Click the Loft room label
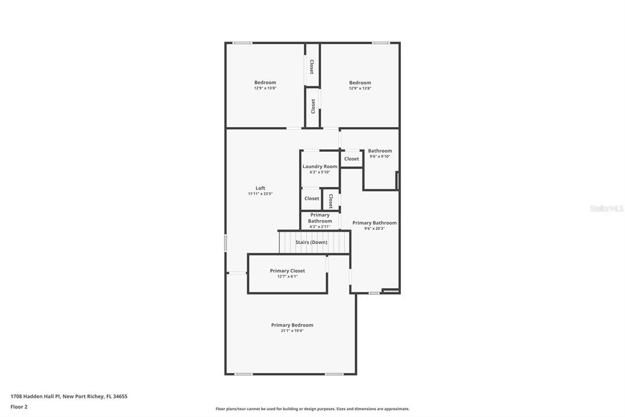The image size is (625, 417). [x=260, y=188]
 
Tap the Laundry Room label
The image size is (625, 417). [x=320, y=166]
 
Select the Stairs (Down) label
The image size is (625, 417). [x=311, y=242]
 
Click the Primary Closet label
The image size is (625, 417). [x=287, y=271]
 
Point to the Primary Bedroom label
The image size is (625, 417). [x=292, y=325]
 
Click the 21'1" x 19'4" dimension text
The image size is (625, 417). [x=292, y=331]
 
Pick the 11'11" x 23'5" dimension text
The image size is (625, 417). [x=260, y=194]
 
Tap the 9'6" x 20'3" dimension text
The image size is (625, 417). [x=374, y=229]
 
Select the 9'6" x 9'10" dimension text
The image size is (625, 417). [x=380, y=157]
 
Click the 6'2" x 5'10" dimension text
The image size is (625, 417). [x=320, y=172]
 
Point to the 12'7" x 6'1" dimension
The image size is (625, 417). [x=287, y=276]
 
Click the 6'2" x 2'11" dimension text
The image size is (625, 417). [x=320, y=226]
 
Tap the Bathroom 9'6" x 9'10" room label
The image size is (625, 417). [x=380, y=150]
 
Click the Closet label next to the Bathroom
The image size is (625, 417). [x=352, y=158]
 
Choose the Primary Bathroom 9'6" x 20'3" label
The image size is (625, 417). [x=374, y=223]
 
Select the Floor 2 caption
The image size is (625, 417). [x=19, y=407]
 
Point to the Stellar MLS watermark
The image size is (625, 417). [x=606, y=208]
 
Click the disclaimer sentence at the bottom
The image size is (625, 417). [x=312, y=408]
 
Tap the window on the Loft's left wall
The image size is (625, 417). [x=226, y=243]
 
